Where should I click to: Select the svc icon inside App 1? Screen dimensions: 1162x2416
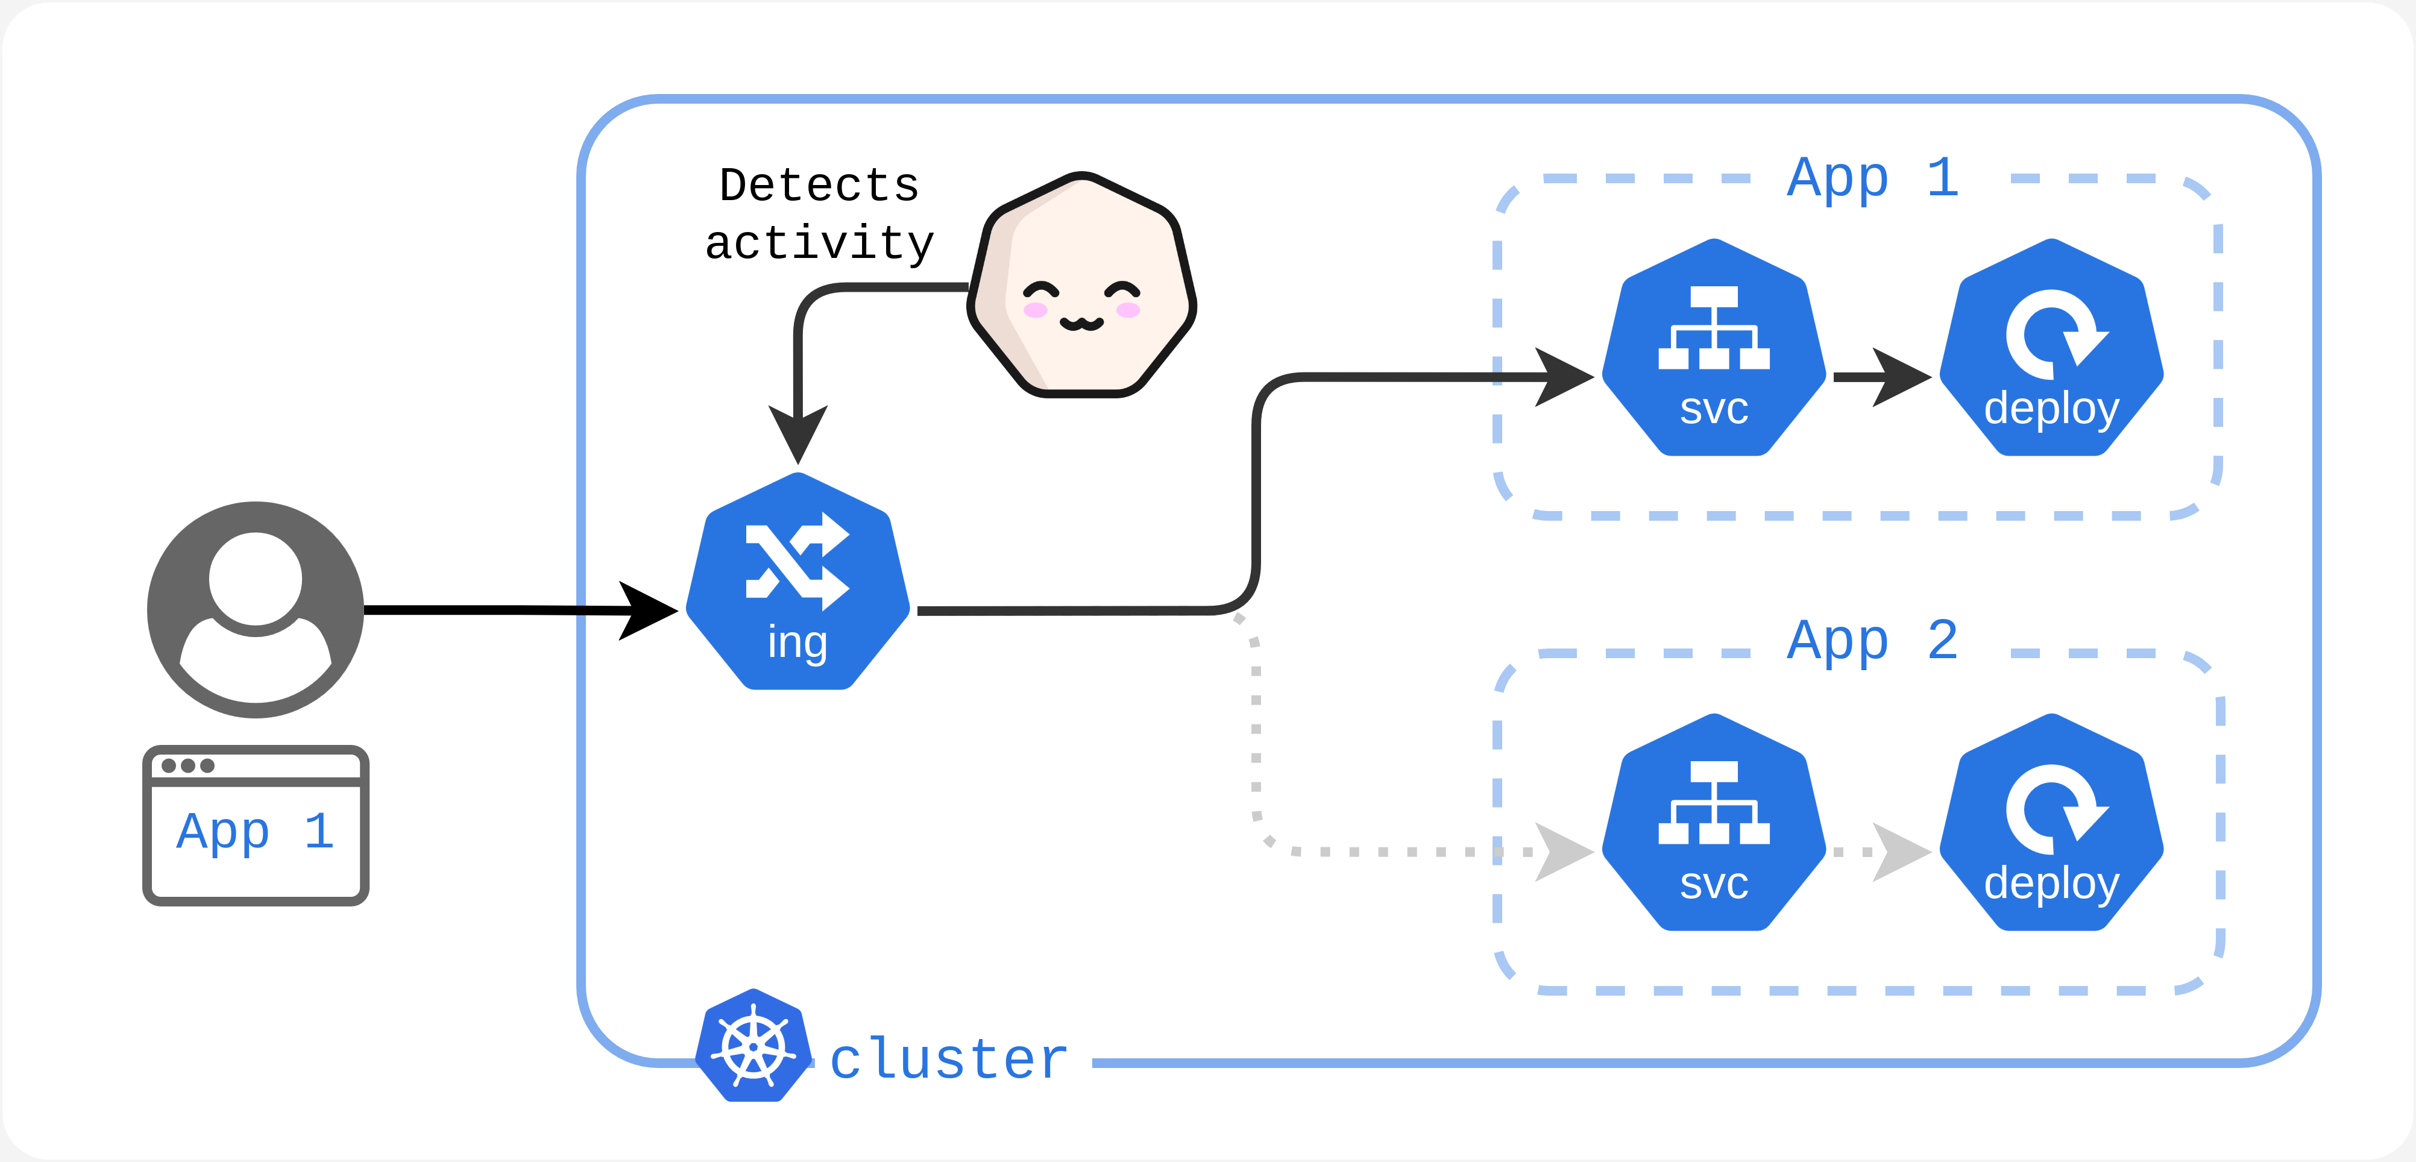tap(1714, 349)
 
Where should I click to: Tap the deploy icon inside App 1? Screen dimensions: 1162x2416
tap(2051, 349)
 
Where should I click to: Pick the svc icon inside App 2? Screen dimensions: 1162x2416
tap(1714, 823)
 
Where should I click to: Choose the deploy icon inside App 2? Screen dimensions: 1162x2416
tap(2051, 823)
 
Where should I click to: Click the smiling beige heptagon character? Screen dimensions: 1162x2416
tap(1081, 286)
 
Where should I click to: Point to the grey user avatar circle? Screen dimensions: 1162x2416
tap(255, 609)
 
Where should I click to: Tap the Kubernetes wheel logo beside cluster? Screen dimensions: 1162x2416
tap(753, 1046)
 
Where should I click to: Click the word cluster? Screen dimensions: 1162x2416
tap(949, 1060)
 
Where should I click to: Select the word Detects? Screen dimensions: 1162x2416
tap(819, 186)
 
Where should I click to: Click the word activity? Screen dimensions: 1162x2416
tap(819, 244)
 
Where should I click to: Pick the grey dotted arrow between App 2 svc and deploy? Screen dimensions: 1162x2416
tap(1881, 852)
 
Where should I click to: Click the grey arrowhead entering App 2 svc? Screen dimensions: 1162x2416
tap(1562, 852)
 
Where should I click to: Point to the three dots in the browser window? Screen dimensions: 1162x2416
tap(187, 765)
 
